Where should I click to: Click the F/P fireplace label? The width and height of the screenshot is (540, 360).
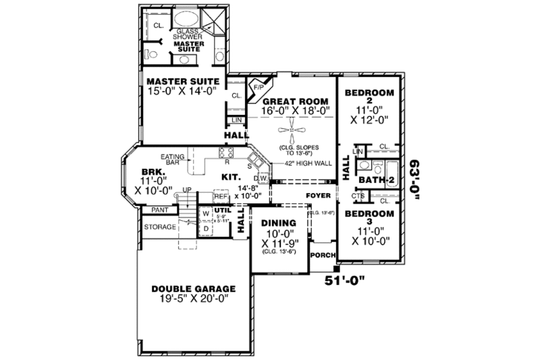pyautogui.click(x=258, y=88)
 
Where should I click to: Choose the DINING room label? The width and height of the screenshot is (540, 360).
pyautogui.click(x=278, y=223)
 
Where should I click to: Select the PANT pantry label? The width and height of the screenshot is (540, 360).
pyautogui.click(x=151, y=211)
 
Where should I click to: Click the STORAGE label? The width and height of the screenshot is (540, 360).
pyautogui.click(x=159, y=227)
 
